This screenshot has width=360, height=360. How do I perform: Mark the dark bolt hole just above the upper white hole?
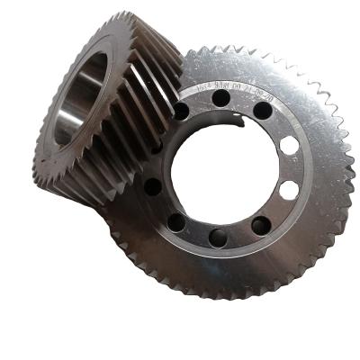point(263,112)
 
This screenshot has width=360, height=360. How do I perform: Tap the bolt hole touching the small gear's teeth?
point(183,112)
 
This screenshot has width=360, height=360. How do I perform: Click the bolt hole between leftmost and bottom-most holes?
point(175,221)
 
